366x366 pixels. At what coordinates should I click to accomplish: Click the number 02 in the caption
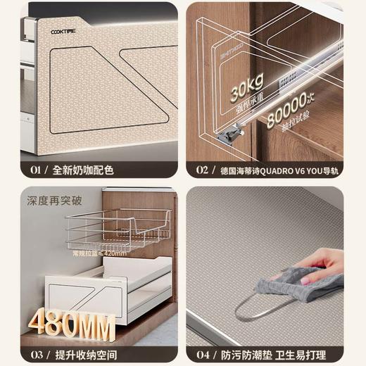tap(201, 170)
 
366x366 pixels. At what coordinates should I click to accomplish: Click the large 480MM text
tap(72, 323)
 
